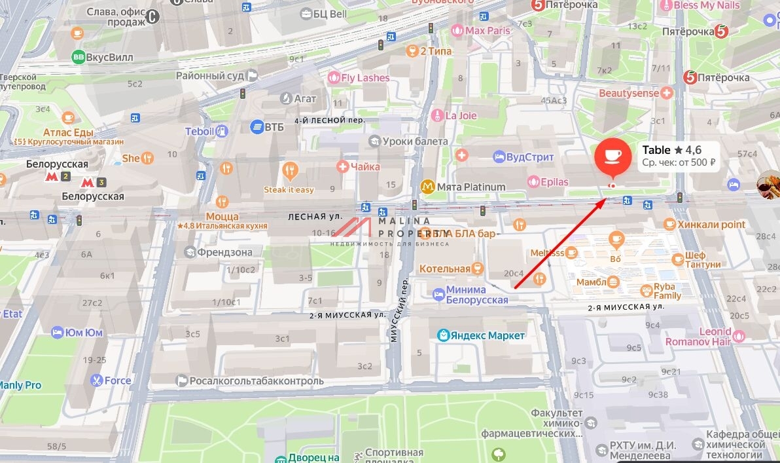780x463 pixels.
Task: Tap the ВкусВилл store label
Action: pos(109,57)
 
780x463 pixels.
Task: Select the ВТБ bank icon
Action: pos(257,126)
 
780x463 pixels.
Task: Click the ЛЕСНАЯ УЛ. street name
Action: pos(315,215)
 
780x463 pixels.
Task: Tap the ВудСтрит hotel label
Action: pos(529,157)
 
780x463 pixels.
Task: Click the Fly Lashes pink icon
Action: pos(334,78)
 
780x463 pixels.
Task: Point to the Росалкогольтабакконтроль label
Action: pos(256,380)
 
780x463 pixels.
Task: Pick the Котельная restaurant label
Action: pos(445,269)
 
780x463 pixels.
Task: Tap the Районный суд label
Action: pos(209,75)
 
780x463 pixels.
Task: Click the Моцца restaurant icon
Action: pos(222,202)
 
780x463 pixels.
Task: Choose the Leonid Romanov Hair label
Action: pos(697,337)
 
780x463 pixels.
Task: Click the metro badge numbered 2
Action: pos(66,177)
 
